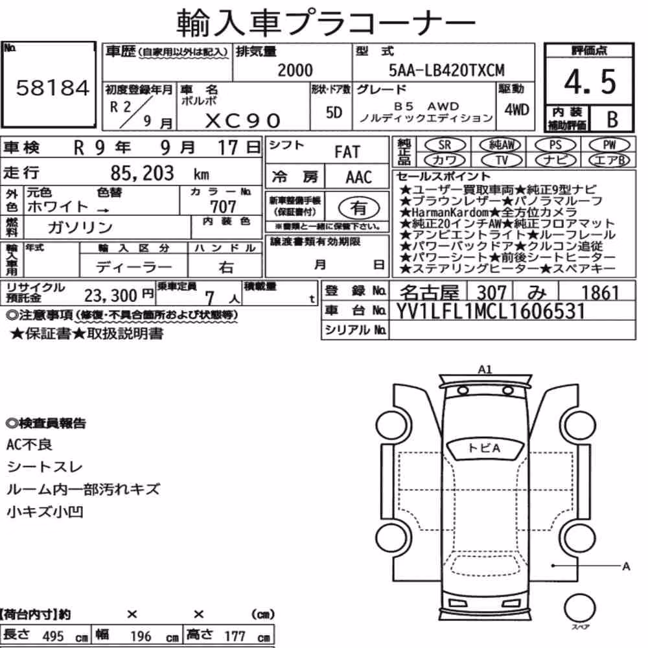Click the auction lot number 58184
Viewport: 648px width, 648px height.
click(52, 87)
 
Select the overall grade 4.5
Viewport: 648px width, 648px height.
click(590, 82)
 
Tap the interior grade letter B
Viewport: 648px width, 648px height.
click(612, 119)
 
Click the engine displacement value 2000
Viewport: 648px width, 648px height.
click(295, 70)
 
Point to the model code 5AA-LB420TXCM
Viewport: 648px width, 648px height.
click(446, 70)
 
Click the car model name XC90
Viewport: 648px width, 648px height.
click(242, 121)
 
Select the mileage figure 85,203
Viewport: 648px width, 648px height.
click(142, 173)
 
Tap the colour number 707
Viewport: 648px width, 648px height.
click(223, 206)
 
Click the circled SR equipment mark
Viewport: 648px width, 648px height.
click(445, 145)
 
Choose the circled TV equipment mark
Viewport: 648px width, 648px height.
click(502, 160)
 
